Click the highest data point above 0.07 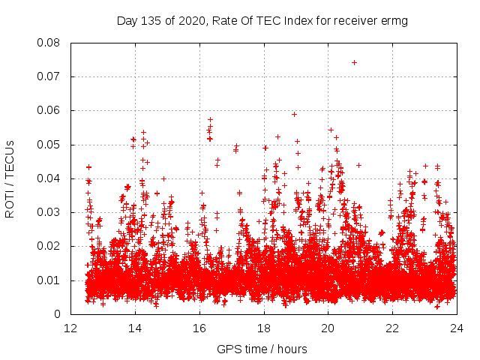coord(354,62)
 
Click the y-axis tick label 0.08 coord(49,43)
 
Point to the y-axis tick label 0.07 coord(49,76)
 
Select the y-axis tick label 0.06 coord(49,110)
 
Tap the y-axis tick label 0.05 coord(49,144)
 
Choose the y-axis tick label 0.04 coord(49,178)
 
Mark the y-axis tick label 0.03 coord(49,212)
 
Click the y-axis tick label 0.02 coord(49,246)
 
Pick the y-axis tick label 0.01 coord(49,280)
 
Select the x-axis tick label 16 coord(199,328)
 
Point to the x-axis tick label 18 coord(264,328)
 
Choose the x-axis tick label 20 coord(328,328)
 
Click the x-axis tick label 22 coord(392,328)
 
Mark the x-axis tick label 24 coord(456,328)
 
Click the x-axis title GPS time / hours coord(263,349)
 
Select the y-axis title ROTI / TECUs coord(10,178)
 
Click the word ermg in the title coord(394,21)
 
